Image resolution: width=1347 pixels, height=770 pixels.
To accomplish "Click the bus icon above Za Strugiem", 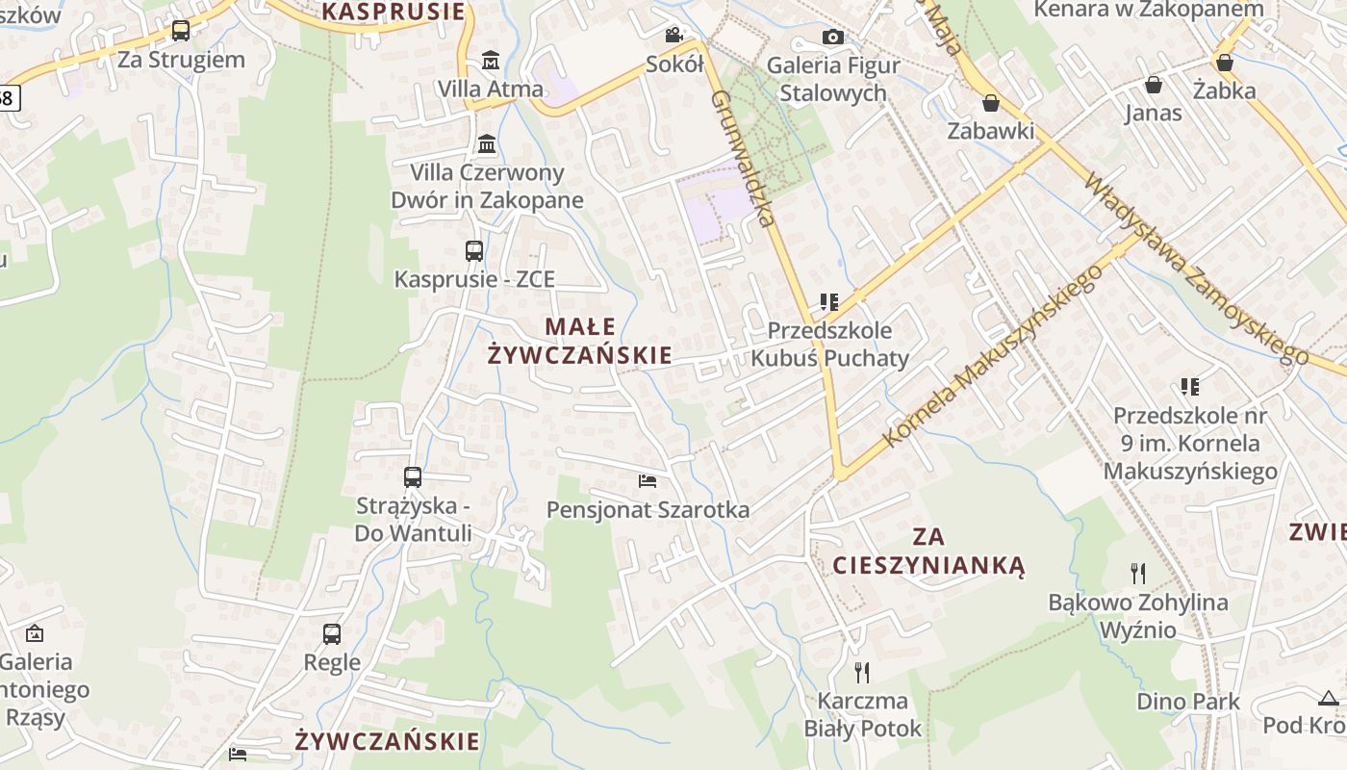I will (181, 31).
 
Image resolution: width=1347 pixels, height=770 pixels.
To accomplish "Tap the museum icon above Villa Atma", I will (491, 61).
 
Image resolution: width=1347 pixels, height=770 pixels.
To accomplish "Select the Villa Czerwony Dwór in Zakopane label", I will (487, 187).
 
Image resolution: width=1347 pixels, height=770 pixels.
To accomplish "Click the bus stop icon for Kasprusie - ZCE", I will (474, 251).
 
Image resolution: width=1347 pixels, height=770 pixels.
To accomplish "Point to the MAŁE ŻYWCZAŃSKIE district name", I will (579, 341).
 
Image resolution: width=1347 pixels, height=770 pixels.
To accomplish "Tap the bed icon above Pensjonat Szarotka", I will (648, 480).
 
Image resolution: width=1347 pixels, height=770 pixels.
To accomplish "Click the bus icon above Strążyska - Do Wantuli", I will (413, 477).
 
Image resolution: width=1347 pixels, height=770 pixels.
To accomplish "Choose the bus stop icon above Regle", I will (332, 634).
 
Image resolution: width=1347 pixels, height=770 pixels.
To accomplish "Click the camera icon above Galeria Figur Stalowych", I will (833, 37).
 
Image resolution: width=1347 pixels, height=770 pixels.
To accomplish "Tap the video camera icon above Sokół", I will (674, 36).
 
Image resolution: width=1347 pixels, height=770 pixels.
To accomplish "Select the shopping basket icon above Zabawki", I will (991, 103).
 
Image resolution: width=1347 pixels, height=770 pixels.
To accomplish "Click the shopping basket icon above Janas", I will (1154, 85).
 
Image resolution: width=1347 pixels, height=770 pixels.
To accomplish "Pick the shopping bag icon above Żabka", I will (1225, 63).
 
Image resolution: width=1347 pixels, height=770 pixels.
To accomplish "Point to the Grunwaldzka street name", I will (743, 159).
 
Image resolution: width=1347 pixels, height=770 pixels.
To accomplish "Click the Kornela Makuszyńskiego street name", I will (993, 355).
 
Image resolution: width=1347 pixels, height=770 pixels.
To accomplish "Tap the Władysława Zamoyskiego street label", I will (1197, 269).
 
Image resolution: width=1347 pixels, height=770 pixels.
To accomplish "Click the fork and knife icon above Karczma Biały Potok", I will (862, 672).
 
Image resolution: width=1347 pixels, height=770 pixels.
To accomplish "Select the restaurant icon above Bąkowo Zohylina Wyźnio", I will (1139, 574).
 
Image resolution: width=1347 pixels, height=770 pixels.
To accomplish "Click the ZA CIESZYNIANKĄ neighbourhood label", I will (928, 551).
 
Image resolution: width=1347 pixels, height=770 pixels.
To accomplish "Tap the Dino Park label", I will (1188, 702).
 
